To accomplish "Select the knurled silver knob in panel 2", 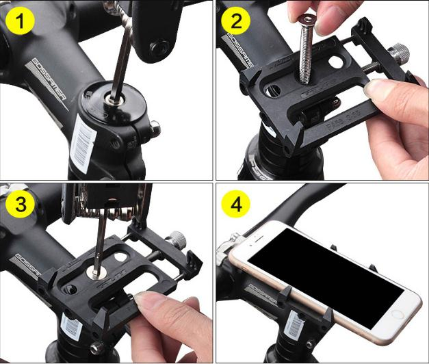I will click(x=400, y=53).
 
